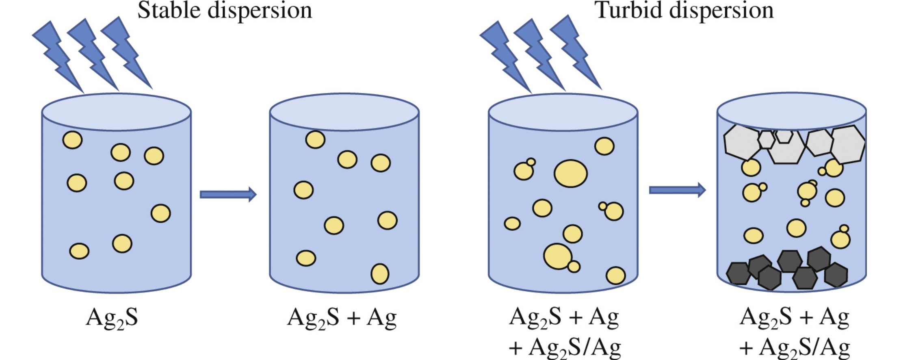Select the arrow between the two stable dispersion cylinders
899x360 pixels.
(x=228, y=194)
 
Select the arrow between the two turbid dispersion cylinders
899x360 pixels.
(x=677, y=190)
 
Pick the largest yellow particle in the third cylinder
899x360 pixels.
(x=570, y=173)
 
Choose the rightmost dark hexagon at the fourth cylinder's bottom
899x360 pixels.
(x=836, y=275)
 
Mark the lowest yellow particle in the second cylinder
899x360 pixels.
(x=380, y=273)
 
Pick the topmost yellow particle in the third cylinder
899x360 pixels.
(x=604, y=146)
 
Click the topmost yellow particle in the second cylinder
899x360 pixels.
(x=315, y=139)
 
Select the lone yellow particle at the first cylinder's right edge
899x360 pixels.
(x=160, y=213)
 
